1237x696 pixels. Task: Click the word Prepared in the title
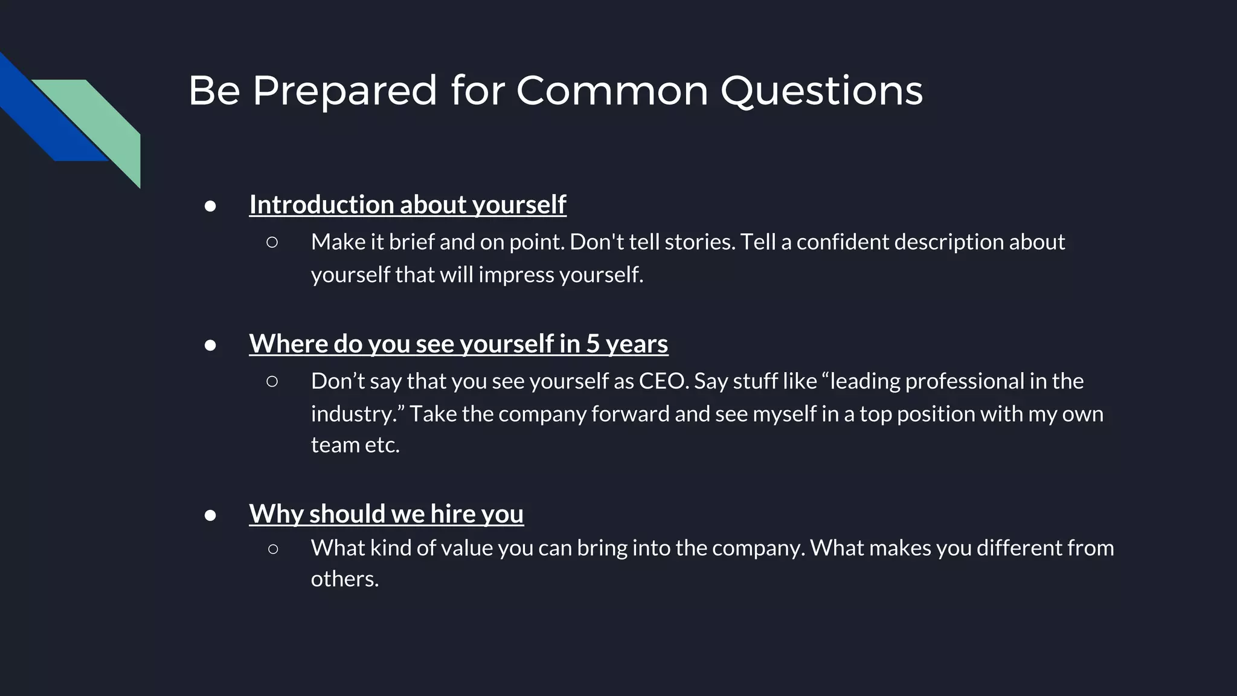(x=344, y=91)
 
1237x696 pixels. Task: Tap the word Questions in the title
(x=821, y=91)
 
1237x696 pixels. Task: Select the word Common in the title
(x=612, y=91)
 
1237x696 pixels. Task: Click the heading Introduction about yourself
(x=408, y=205)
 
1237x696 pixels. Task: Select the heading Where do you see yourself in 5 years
(x=458, y=344)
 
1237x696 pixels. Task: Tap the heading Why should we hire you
(x=386, y=514)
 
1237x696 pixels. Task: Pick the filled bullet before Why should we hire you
(x=210, y=515)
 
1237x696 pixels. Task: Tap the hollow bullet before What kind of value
(x=272, y=549)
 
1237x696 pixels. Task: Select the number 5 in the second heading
(x=593, y=344)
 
